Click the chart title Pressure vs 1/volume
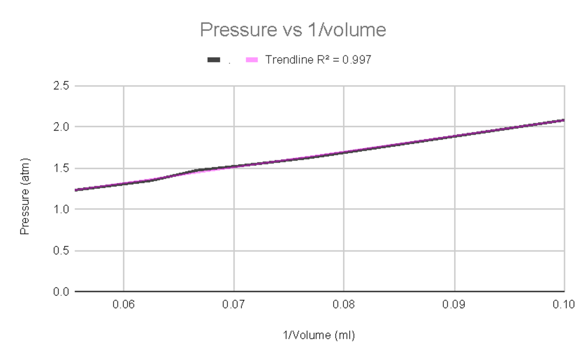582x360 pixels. [293, 30]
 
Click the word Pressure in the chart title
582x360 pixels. [235, 30]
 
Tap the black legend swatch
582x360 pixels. [214, 60]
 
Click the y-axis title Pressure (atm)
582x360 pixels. [24, 196]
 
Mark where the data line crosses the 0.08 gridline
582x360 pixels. [344, 152]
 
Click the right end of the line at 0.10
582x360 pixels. [564, 120]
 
